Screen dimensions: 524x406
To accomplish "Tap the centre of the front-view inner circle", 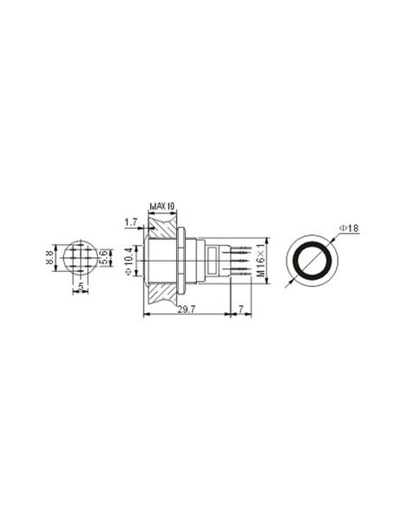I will [x=311, y=261].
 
